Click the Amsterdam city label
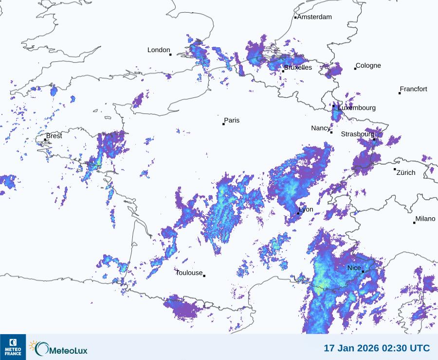tap(314, 17)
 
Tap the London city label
tap(159, 50)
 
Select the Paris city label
tap(232, 121)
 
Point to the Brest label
tap(54, 136)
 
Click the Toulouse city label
tap(189, 273)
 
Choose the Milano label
tap(425, 219)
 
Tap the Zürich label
tap(406, 172)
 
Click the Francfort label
tap(413, 89)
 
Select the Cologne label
tap(368, 66)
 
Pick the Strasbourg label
tap(357, 134)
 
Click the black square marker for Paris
tap(223, 124)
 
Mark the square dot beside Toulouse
tap(204, 276)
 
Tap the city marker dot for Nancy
tap(331, 132)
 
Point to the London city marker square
tap(170, 55)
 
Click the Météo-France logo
tap(13, 347)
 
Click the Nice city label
tap(354, 268)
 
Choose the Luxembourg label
tap(357, 108)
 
